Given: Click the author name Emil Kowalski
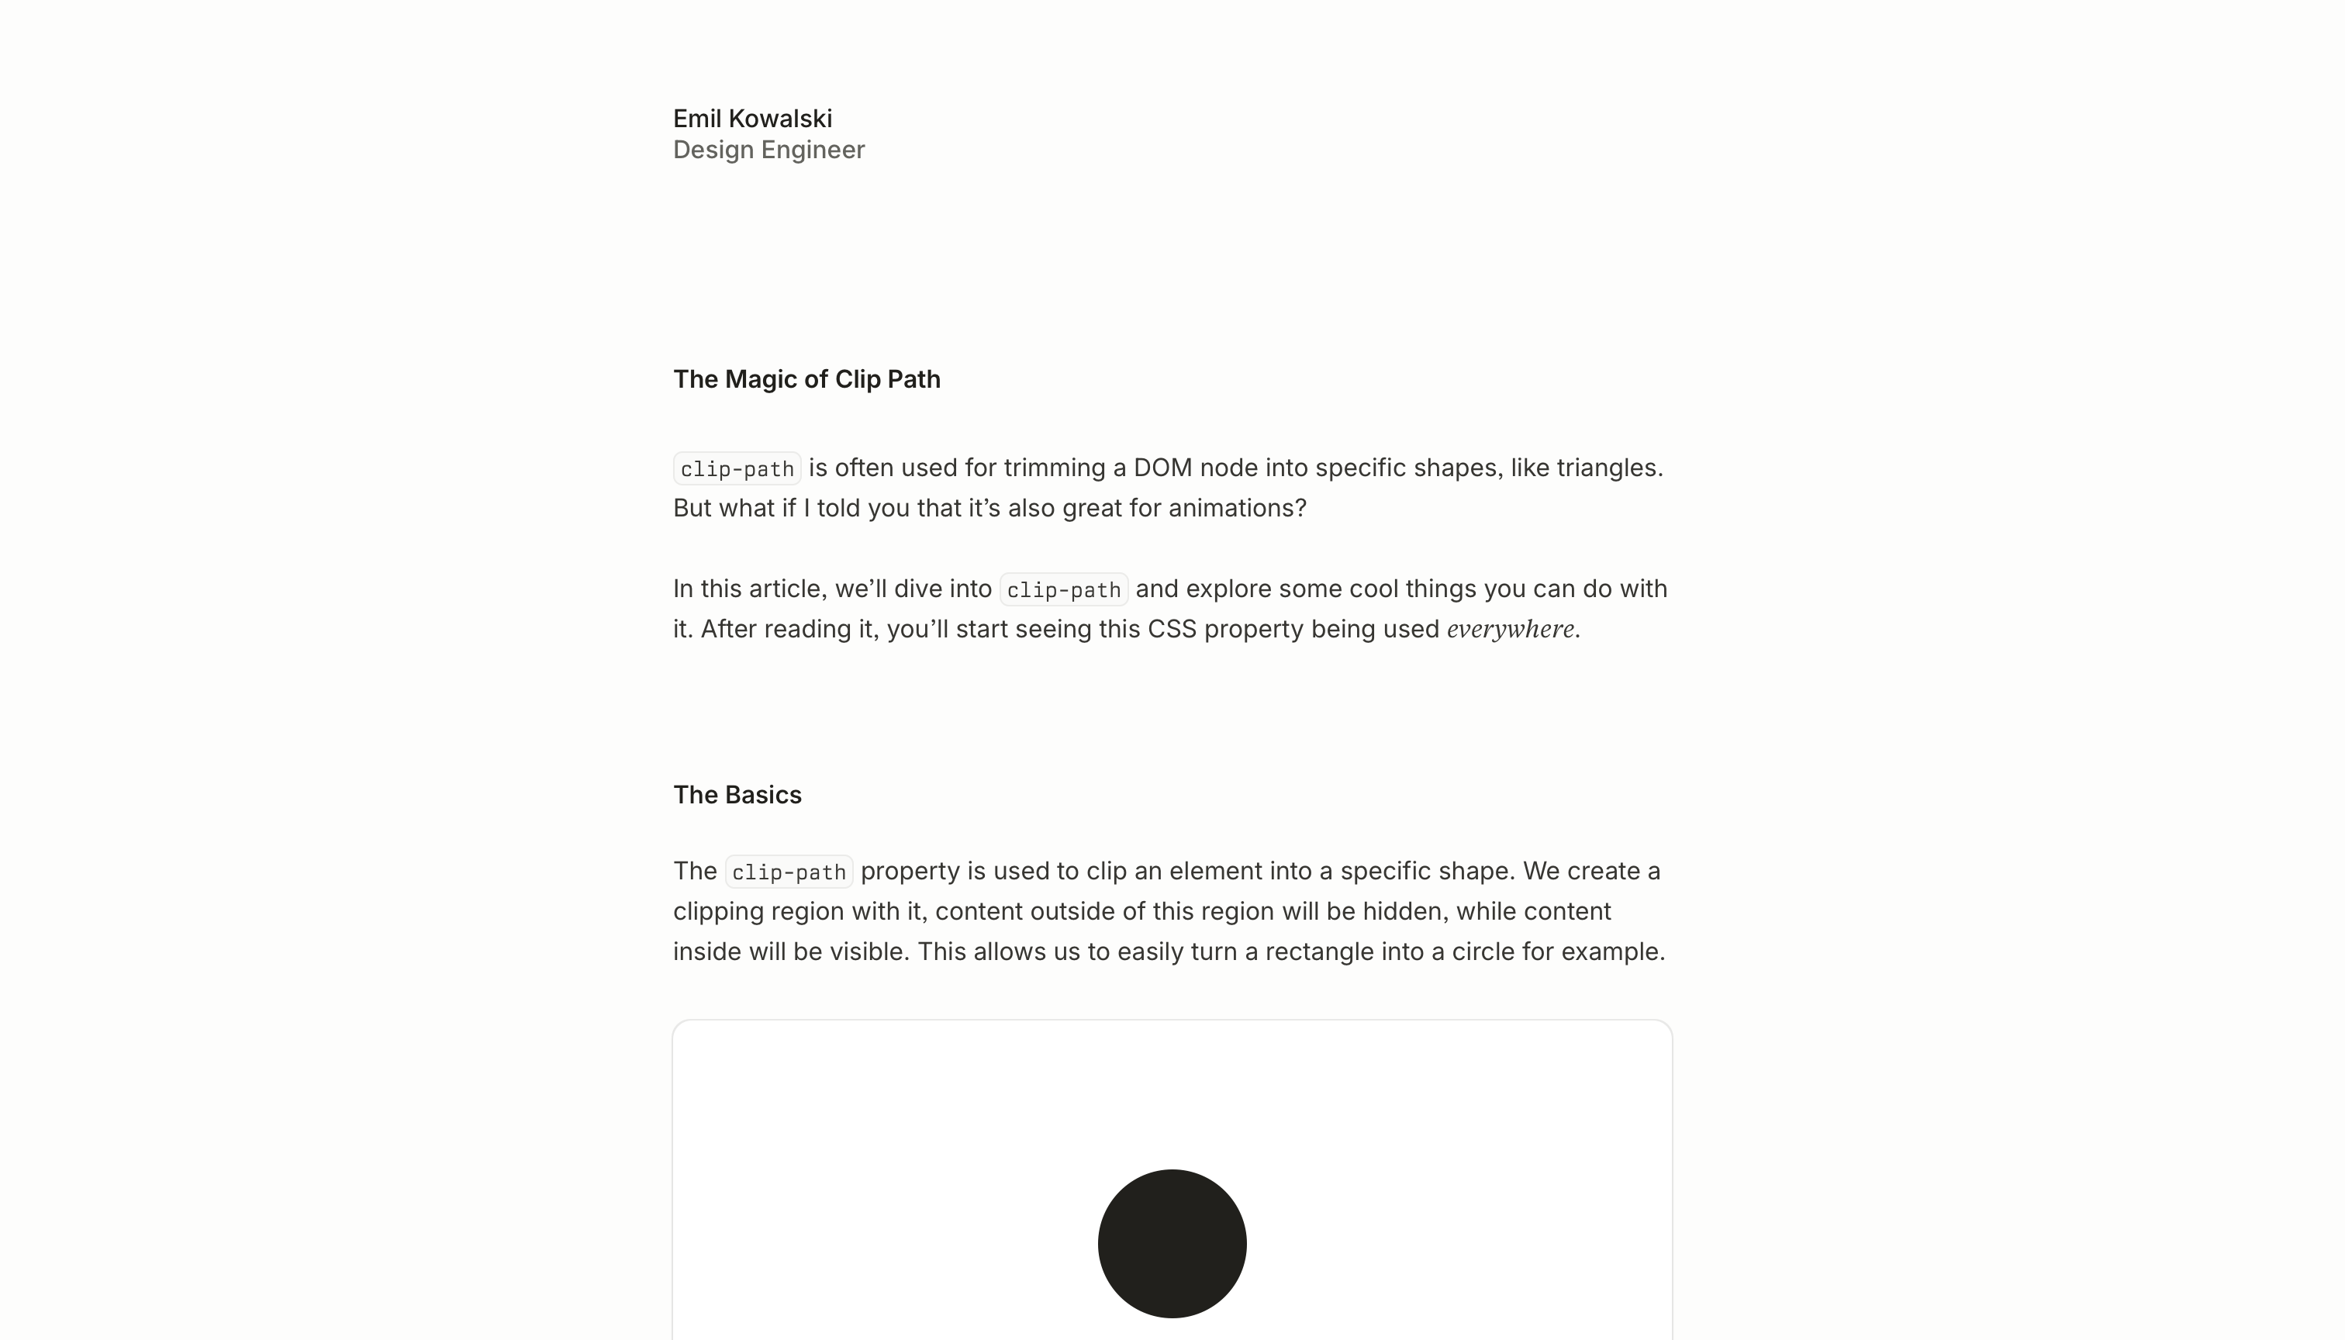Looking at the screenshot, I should [x=752, y=119].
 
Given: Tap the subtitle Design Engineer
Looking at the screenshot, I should [x=768, y=150].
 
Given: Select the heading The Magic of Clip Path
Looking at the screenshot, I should [x=806, y=379].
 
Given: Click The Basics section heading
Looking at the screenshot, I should [x=737, y=795].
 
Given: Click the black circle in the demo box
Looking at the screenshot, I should [x=1172, y=1243].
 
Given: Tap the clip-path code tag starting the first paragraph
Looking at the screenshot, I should [x=737, y=468].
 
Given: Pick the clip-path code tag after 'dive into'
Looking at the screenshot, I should [x=1063, y=590].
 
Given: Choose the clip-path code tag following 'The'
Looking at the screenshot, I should [x=789, y=872].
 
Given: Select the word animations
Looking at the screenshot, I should [x=1233, y=508].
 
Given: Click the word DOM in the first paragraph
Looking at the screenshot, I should [x=1162, y=468].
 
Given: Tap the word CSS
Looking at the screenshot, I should [x=1172, y=630].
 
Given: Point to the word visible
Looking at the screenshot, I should [x=866, y=951].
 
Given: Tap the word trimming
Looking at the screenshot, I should [x=1055, y=468].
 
